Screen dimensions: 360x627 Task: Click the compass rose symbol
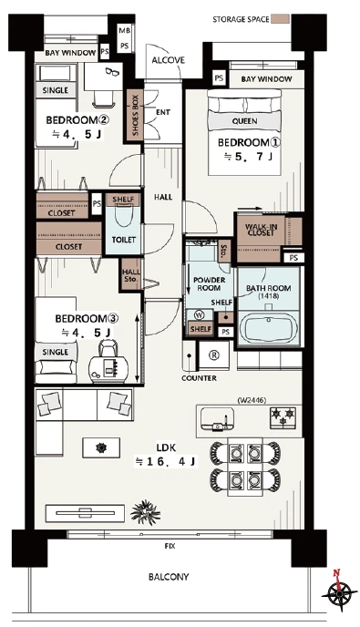[339, 591]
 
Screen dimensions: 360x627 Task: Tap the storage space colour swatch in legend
[280, 19]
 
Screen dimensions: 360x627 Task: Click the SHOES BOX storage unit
[135, 115]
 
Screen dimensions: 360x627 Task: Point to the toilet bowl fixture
[124, 215]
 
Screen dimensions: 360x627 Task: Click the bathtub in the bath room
[269, 328]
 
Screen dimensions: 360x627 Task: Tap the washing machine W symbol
[199, 315]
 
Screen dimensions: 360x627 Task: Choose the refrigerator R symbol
[214, 355]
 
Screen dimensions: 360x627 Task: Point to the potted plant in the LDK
[145, 511]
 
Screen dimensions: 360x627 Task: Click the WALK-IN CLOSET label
[261, 230]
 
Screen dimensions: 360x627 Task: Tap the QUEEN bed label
[244, 121]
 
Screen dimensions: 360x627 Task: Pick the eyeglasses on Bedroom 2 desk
[111, 72]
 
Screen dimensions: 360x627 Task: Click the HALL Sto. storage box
[131, 274]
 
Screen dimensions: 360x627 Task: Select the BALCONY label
[169, 577]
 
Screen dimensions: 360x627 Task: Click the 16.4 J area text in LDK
[165, 462]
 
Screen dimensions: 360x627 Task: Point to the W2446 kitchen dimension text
[251, 399]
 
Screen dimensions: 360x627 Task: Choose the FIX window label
[170, 546]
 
